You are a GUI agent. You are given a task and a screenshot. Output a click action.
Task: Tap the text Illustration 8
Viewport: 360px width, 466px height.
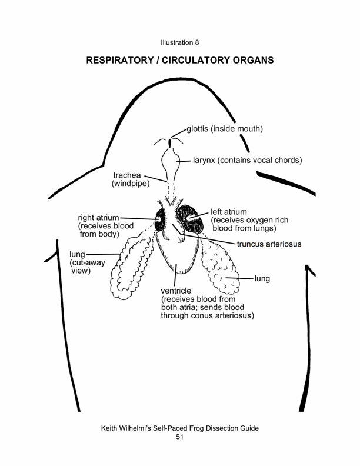pyautogui.click(x=179, y=42)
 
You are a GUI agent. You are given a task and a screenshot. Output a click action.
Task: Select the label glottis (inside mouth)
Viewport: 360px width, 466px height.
pyautogui.click(x=225, y=129)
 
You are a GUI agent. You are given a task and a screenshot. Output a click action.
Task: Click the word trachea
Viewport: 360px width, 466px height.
pyautogui.click(x=126, y=175)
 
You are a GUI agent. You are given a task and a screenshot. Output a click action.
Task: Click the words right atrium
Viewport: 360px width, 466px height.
pyautogui.click(x=98, y=217)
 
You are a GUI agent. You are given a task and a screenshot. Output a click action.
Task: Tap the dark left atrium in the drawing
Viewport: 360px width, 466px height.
pyautogui.click(x=192, y=219)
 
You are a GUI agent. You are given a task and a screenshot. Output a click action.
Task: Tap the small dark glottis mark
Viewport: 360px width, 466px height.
pyautogui.click(x=171, y=142)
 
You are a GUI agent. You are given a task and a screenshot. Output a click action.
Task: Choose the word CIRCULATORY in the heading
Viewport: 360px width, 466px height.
pyautogui.click(x=225, y=61)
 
